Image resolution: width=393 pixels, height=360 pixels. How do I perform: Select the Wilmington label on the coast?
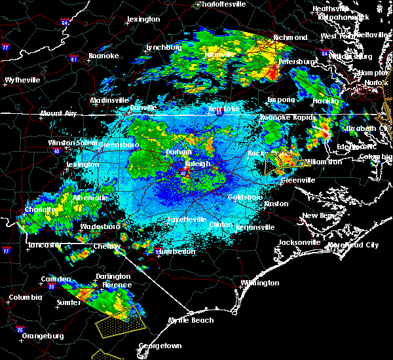(x=260, y=283)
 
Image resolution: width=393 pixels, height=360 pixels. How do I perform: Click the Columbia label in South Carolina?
(x=25, y=297)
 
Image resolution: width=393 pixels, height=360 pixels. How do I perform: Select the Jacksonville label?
(x=299, y=242)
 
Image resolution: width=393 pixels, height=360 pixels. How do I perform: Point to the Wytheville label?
(x=23, y=80)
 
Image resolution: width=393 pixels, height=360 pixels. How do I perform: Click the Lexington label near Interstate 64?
(x=143, y=20)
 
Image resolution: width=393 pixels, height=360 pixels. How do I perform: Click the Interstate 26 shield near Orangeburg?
(x=20, y=329)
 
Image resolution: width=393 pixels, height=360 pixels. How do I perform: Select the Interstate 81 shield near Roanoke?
(x=73, y=59)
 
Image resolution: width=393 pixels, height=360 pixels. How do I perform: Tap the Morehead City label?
(x=354, y=245)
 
